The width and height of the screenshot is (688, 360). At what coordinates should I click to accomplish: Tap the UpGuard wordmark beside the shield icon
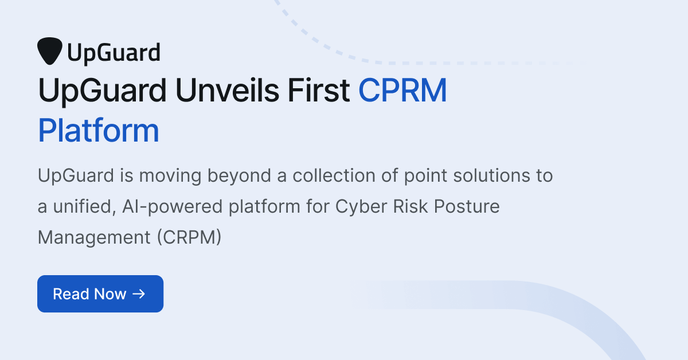(x=113, y=53)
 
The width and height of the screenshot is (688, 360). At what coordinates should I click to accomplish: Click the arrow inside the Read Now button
(x=139, y=294)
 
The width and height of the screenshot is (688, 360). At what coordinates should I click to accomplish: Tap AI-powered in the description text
(x=173, y=206)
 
